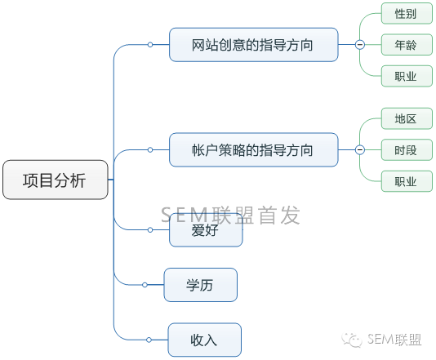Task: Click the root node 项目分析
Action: pyautogui.click(x=56, y=180)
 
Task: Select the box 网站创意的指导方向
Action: pyautogui.click(x=254, y=45)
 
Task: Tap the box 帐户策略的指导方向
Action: pyautogui.click(x=254, y=150)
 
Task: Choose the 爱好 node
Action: pyautogui.click(x=206, y=230)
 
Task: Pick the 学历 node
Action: pyautogui.click(x=201, y=285)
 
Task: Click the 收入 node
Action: pyautogui.click(x=205, y=340)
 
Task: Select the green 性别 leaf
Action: pyautogui.click(x=407, y=13)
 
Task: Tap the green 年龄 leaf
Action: pyautogui.click(x=407, y=44)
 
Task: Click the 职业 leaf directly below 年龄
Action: pyautogui.click(x=407, y=76)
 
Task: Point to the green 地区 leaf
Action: pyautogui.click(x=407, y=118)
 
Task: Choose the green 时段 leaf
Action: pyautogui.click(x=407, y=150)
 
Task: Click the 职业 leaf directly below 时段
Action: pyautogui.click(x=407, y=181)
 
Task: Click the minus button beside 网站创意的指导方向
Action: pyautogui.click(x=360, y=44)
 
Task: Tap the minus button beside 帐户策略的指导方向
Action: pyautogui.click(x=360, y=150)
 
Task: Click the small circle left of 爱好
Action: pyautogui.click(x=150, y=230)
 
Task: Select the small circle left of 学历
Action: pyautogui.click(x=145, y=285)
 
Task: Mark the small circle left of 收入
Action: pyautogui.click(x=149, y=340)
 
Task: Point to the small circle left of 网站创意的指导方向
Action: pyautogui.click(x=150, y=44)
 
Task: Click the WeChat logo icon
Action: pyautogui.click(x=352, y=340)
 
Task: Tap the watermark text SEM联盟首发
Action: pyautogui.click(x=230, y=216)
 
